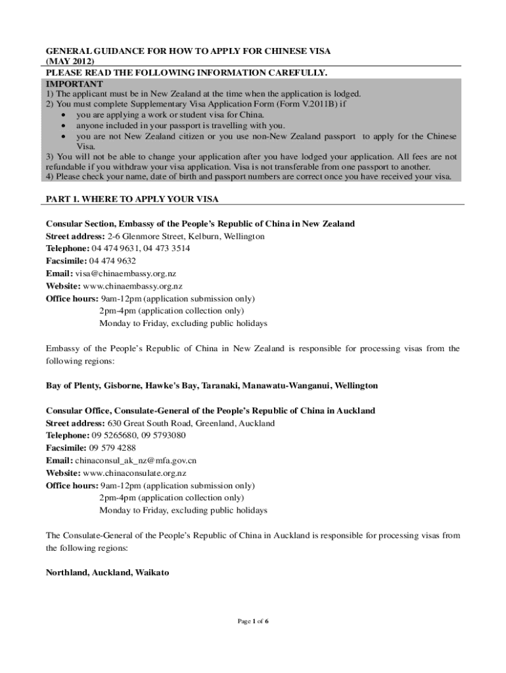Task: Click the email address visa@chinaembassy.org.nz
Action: click(x=126, y=273)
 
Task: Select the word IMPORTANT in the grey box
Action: click(x=74, y=85)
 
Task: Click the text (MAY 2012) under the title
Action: click(x=65, y=61)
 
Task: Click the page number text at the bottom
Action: click(x=253, y=620)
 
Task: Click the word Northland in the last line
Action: click(x=66, y=573)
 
